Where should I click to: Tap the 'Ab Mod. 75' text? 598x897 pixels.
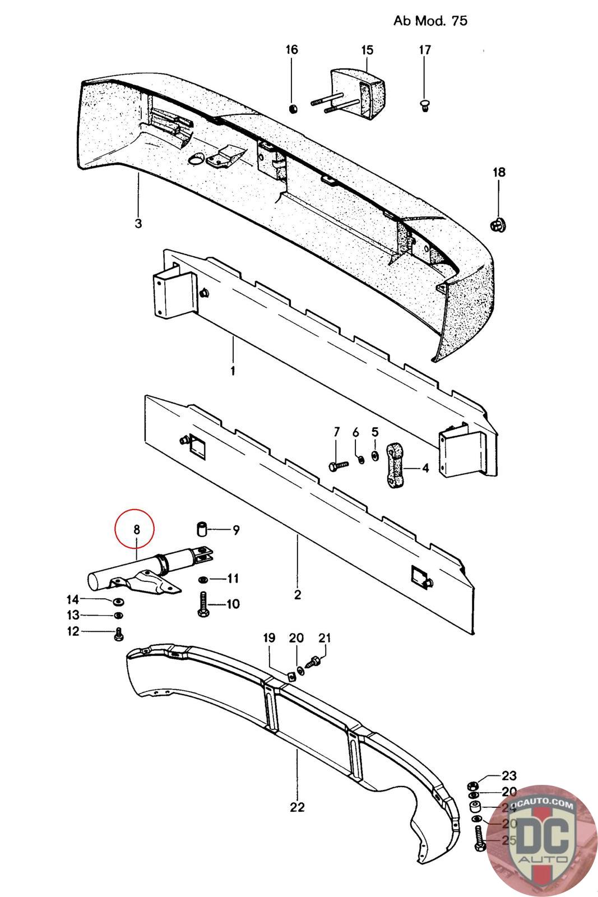pos(430,21)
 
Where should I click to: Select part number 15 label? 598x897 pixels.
pos(367,50)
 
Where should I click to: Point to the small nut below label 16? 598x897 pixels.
pos(292,107)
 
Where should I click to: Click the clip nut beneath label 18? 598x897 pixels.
pos(498,225)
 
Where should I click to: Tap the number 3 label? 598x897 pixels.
pos(138,223)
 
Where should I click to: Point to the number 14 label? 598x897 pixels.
pos(73,599)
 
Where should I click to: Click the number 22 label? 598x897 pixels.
pos(297,807)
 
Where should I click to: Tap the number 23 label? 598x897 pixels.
pos(509,776)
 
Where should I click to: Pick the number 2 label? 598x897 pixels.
pos(297,594)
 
